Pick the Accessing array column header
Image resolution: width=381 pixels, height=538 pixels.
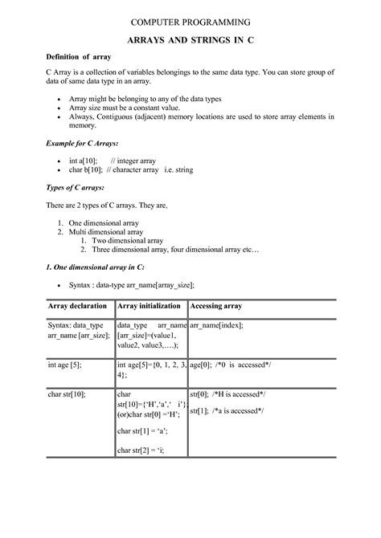point(216,306)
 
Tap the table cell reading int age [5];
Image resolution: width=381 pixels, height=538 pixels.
point(64,364)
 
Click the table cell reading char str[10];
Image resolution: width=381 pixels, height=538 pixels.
point(67,394)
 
